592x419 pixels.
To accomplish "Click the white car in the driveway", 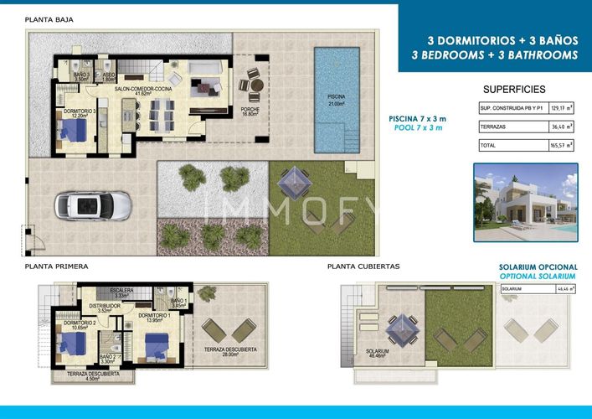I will pos(93,204).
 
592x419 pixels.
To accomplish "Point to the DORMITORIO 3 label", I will pos(77,111).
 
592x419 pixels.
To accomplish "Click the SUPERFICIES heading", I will pos(514,89).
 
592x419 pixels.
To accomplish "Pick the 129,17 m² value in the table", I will pos(559,109).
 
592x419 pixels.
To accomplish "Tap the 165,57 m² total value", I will pos(559,146).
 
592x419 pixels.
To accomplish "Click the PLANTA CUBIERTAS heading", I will pos(363,266).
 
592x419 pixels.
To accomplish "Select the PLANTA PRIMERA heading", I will pos(56,266).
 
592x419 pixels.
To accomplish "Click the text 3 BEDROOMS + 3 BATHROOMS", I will pos(495,54).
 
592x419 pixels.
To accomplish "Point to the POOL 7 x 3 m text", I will pos(419,128).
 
